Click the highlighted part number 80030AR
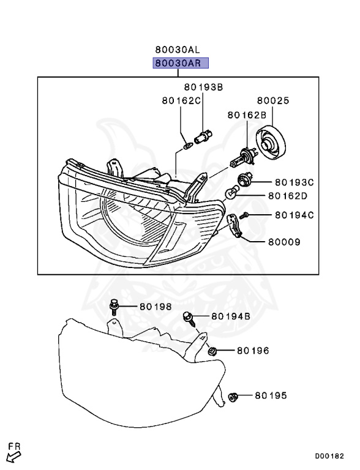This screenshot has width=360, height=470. pos(181,63)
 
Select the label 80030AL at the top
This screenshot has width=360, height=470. pos(178,49)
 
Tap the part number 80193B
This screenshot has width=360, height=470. pos(203,87)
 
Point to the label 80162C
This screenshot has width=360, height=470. pos(181,100)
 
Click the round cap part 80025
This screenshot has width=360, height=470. pos(271,143)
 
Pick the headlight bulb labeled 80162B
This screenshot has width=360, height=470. pos(242,157)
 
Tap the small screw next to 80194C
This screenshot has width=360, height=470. pos(246,215)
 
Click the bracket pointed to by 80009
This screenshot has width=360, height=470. pos(234,225)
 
